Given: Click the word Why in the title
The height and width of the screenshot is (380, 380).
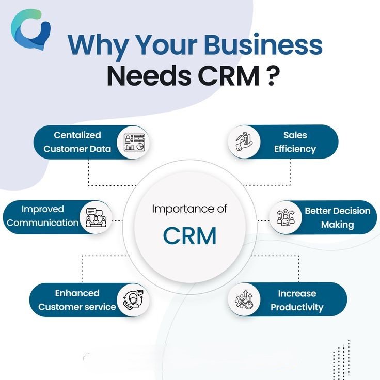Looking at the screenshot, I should (x=99, y=45).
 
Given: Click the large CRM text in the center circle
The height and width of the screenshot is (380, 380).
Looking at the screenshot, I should (x=189, y=235).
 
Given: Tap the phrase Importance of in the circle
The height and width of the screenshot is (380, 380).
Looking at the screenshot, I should (x=189, y=210).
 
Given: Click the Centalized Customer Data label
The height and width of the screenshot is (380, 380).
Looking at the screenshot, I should (x=77, y=142).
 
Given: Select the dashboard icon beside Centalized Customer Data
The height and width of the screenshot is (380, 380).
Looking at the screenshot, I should (x=135, y=142).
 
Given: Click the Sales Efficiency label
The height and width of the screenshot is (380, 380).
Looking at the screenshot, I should (x=295, y=142).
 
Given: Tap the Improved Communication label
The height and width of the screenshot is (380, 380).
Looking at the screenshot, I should (x=43, y=216).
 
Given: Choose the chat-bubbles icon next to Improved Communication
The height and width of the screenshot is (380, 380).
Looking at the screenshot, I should (x=94, y=216).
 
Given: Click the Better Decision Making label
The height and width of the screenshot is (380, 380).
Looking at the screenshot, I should (x=337, y=217).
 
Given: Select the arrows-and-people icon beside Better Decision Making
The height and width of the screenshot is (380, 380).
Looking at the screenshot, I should (x=284, y=217).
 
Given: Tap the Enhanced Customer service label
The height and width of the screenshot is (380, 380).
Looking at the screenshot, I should (x=77, y=300).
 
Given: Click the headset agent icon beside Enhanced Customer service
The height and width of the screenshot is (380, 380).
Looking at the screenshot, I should (x=133, y=300).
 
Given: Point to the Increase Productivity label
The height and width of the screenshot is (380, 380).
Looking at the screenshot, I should (x=297, y=300).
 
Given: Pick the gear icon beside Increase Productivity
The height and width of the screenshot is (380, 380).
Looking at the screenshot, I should (x=244, y=300).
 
